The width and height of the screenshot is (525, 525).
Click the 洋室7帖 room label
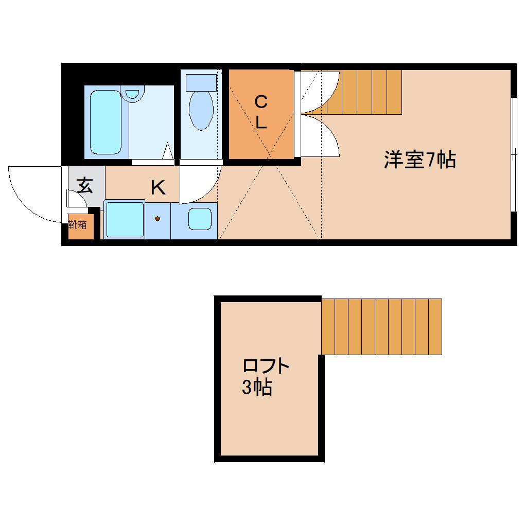tap(419, 160)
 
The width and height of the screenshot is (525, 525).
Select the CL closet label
tap(261, 112)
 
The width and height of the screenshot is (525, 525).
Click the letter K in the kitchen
tap(158, 188)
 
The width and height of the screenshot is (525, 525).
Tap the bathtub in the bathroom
tap(107, 122)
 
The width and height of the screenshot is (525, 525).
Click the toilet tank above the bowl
tap(201, 81)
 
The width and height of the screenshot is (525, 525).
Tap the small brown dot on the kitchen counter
tap(157, 219)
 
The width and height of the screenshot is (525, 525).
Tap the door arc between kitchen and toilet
tap(201, 183)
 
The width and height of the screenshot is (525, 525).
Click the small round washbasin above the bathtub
tap(133, 94)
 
